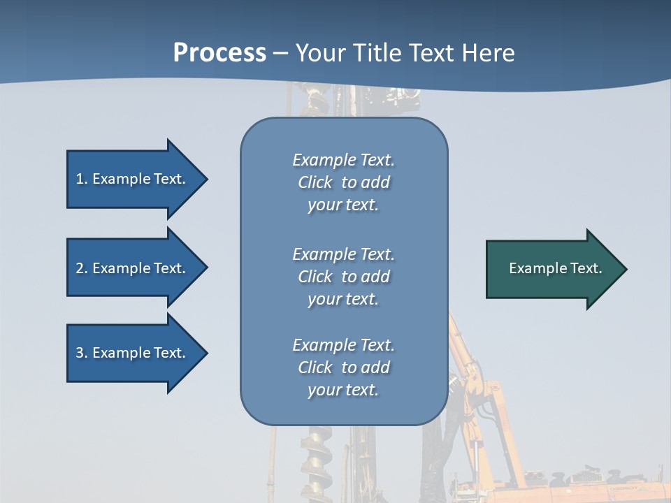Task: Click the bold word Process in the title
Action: coord(219,53)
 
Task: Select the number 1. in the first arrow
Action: coord(82,179)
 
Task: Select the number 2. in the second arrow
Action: coord(82,268)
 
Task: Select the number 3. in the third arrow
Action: coord(82,353)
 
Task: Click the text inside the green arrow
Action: coord(555,268)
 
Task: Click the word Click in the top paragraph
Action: coord(315,182)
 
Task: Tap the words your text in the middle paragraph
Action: coord(342,299)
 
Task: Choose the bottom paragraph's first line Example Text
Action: coord(343,345)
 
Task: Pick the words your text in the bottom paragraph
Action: coord(342,390)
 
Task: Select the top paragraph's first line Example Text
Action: coord(343,160)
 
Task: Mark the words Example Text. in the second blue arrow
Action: coord(139,268)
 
